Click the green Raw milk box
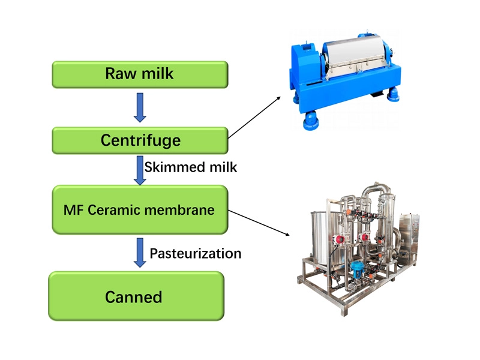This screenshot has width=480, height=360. [140, 74]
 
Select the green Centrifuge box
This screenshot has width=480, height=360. [140, 140]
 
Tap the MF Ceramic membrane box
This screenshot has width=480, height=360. [140, 210]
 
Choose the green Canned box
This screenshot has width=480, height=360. [136, 296]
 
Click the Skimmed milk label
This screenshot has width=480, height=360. [191, 167]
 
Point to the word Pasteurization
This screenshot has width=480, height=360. [195, 253]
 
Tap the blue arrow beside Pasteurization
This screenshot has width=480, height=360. [140, 252]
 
